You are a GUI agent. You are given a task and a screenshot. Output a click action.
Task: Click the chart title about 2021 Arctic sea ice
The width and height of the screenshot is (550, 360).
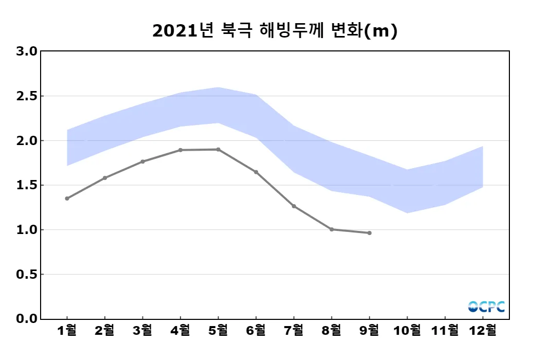click(275, 31)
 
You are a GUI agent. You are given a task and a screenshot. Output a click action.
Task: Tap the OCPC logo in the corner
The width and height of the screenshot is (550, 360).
click(486, 307)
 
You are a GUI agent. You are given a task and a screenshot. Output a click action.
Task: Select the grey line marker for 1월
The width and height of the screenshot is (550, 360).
click(67, 199)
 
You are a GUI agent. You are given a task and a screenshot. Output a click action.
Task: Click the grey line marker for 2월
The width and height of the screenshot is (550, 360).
click(105, 178)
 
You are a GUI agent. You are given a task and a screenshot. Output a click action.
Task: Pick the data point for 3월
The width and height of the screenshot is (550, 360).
click(142, 161)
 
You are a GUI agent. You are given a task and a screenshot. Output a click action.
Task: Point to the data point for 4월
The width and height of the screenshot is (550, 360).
click(180, 150)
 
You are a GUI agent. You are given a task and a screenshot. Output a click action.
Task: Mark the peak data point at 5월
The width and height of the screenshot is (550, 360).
click(218, 150)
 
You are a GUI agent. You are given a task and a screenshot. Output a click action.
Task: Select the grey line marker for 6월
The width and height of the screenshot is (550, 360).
click(256, 172)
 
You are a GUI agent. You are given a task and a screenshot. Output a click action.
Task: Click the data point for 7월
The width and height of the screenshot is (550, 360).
click(294, 206)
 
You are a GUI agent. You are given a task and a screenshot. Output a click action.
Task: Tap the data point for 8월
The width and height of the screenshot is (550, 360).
click(332, 229)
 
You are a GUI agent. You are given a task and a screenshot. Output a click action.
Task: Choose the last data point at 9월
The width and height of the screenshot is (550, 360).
click(370, 233)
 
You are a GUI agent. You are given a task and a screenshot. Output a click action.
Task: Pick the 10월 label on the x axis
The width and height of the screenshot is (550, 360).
click(408, 331)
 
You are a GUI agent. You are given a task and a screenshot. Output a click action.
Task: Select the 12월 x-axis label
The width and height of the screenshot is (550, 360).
click(483, 331)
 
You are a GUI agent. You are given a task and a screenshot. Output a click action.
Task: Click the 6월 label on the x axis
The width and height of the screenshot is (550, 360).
click(256, 331)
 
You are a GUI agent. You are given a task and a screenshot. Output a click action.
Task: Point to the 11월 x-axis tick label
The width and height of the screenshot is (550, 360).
click(445, 331)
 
